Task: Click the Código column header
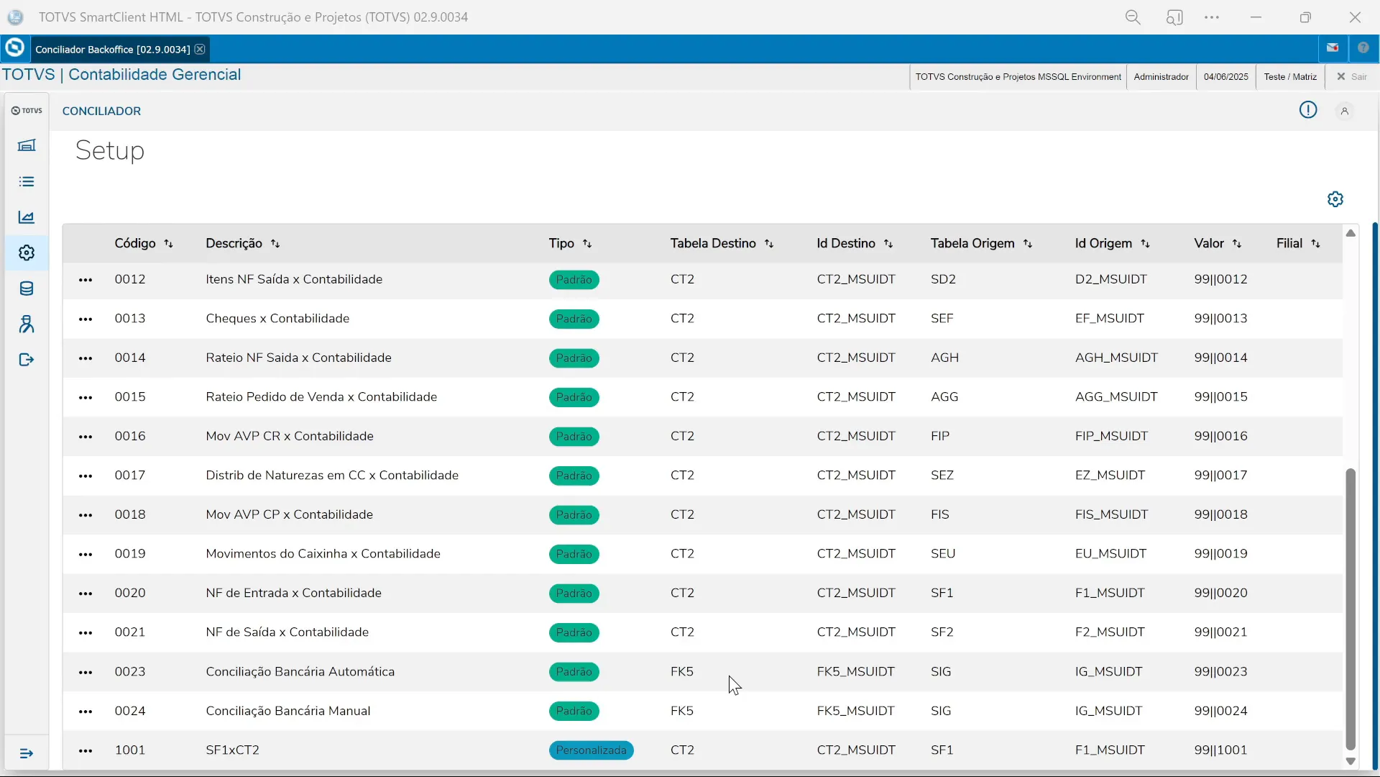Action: click(x=135, y=243)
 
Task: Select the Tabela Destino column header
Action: click(x=713, y=243)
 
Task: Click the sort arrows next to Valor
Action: click(x=1237, y=244)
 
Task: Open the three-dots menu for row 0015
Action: click(x=86, y=397)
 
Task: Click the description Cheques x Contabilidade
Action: click(x=277, y=318)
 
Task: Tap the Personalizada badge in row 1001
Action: click(x=591, y=750)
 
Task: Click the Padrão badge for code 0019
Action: click(x=574, y=554)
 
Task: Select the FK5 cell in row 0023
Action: click(x=681, y=671)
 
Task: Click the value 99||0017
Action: click(x=1220, y=475)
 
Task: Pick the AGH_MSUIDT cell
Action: click(x=1116, y=358)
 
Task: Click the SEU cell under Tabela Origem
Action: click(x=942, y=553)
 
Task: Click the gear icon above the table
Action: click(x=1335, y=199)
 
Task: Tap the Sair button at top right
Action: click(x=1352, y=76)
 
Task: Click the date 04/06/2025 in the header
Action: click(x=1225, y=76)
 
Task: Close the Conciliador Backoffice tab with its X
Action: click(x=200, y=49)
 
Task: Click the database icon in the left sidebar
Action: click(x=27, y=288)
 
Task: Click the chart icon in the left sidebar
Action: click(x=27, y=217)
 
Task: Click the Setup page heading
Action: click(x=110, y=150)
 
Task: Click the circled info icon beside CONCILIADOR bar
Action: click(x=1307, y=110)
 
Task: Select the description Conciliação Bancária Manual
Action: click(x=287, y=711)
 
